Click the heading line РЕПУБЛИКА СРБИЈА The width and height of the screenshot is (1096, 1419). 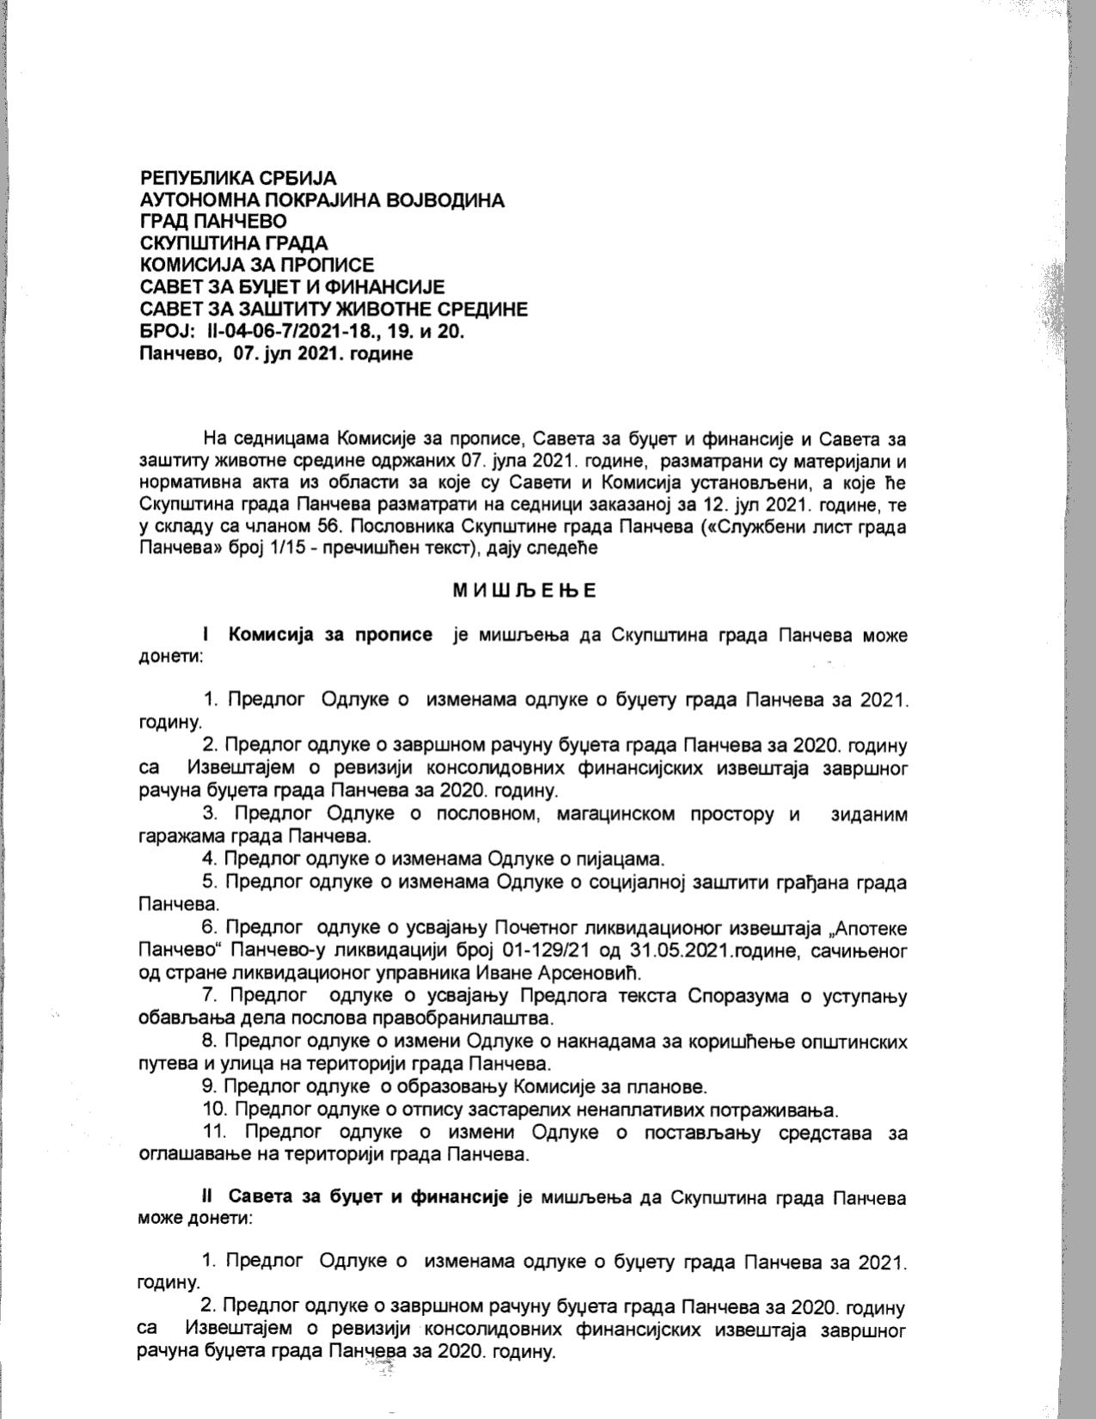coord(238,178)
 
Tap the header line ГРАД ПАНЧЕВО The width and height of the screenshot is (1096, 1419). coord(213,222)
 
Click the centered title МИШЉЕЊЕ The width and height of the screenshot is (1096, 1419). coord(524,590)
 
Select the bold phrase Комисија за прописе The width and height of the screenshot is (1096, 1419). coord(330,635)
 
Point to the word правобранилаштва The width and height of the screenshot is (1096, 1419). coord(465,1018)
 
